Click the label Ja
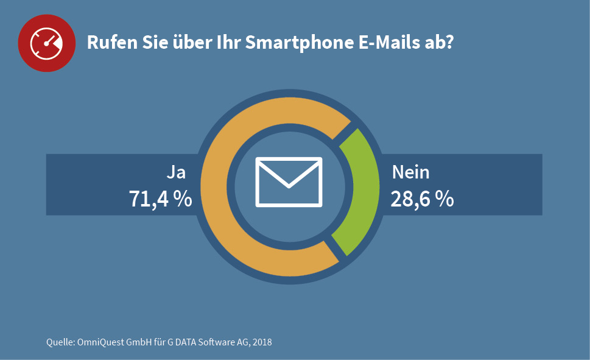coord(176,172)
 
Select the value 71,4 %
coord(160,199)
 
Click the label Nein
coord(410,172)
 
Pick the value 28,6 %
coord(422,199)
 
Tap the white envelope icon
coord(289,182)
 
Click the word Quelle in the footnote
coord(60,342)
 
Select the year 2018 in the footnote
coord(261,342)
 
